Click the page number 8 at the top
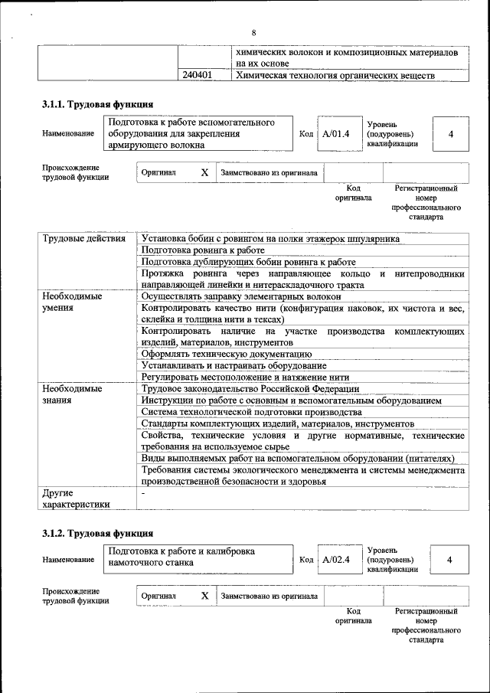click(253, 32)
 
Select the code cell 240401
click(198, 76)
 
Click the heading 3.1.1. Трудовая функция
click(97, 104)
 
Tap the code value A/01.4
click(335, 134)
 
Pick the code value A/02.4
click(335, 560)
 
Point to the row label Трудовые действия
click(84, 239)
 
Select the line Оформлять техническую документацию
click(226, 354)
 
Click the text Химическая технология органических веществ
click(335, 76)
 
